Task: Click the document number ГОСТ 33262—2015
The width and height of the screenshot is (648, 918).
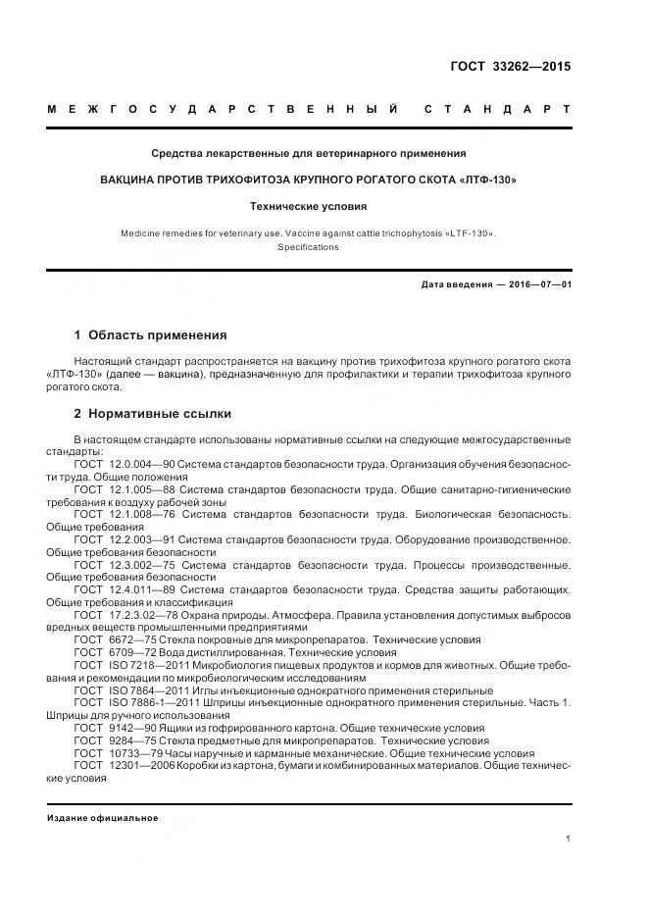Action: (x=510, y=68)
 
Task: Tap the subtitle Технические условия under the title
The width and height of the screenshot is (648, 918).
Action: (x=308, y=207)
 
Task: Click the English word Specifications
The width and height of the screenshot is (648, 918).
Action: (x=308, y=247)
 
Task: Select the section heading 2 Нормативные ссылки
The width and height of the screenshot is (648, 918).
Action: (x=153, y=413)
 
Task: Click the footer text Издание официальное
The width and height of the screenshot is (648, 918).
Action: (x=102, y=818)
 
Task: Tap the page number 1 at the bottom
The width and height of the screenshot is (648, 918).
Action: (x=568, y=838)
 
